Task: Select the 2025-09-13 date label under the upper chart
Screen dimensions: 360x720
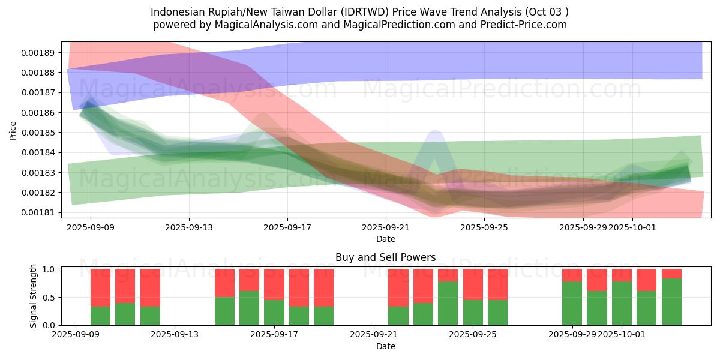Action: coord(189,227)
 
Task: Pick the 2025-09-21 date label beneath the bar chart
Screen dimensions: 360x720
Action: coord(374,335)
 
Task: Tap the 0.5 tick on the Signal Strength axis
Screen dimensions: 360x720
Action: coord(49,298)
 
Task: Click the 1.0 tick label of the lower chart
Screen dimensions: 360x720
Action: coord(49,269)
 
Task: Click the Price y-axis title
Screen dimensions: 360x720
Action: coord(13,131)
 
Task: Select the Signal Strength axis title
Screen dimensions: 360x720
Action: coord(34,296)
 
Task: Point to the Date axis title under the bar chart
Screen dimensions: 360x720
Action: coord(386,346)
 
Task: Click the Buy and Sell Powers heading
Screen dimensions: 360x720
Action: coord(386,257)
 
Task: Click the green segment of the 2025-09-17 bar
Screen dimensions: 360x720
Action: coord(274,312)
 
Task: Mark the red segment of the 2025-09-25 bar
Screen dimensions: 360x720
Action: coord(473,284)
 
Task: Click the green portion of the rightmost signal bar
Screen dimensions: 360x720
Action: coord(671,301)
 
